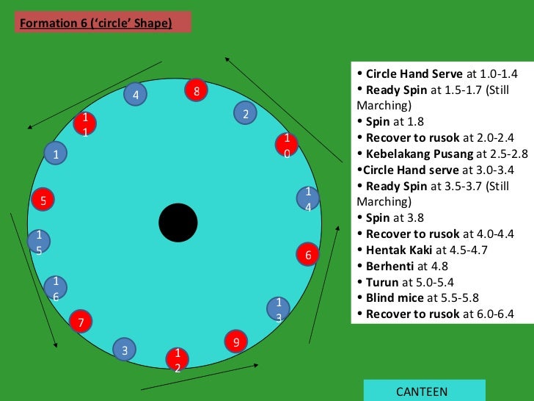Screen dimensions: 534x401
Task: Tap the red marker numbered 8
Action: (196, 90)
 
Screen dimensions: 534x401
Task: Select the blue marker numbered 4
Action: (135, 94)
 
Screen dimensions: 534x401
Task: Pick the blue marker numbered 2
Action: (246, 114)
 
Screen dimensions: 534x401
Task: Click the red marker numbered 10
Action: (287, 145)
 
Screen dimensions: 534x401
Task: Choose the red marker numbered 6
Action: (308, 254)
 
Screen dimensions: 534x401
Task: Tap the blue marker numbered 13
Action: (278, 309)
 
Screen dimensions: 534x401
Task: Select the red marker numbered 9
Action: (235, 342)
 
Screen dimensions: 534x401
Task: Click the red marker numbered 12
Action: (177, 359)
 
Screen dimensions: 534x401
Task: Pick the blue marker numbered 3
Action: (125, 350)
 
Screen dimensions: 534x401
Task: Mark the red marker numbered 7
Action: (81, 321)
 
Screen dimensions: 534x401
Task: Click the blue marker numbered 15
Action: (39, 241)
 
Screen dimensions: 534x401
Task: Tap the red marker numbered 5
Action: (43, 199)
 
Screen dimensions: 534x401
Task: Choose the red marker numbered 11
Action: (85, 123)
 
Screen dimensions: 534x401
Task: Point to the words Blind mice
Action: (395, 298)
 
